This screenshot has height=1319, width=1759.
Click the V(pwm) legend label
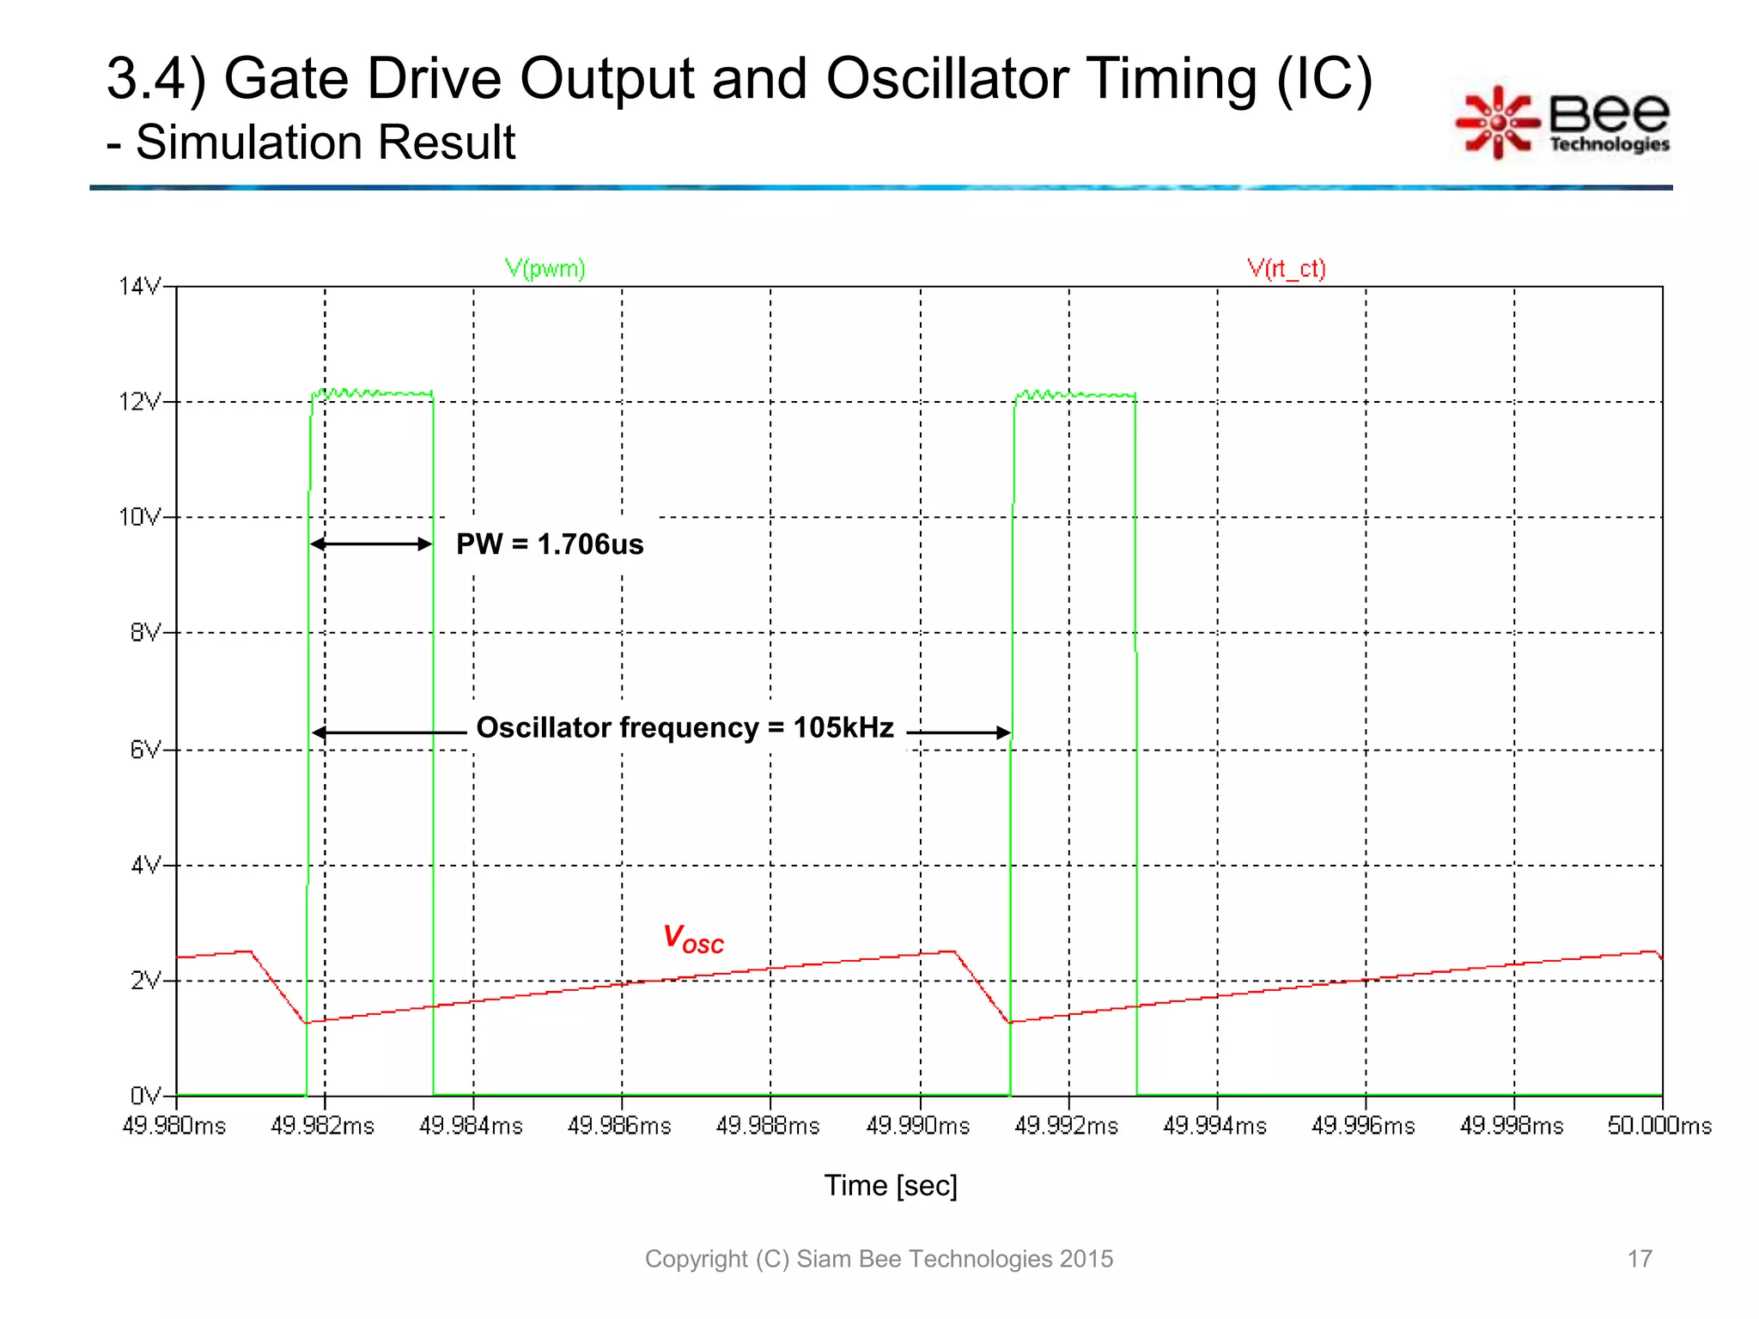click(x=545, y=269)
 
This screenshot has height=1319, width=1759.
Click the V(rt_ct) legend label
click(x=1286, y=269)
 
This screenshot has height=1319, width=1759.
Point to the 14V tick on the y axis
click(x=140, y=286)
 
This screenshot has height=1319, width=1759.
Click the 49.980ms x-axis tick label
click(x=174, y=1125)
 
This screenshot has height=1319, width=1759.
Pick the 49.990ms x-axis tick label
click(x=917, y=1125)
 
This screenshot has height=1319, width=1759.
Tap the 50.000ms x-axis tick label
click(x=1659, y=1125)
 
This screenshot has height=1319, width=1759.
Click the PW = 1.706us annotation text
click(x=550, y=544)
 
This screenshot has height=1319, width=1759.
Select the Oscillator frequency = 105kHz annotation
click(x=685, y=728)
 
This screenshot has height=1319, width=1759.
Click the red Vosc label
click(x=692, y=939)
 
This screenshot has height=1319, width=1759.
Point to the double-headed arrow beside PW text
click(x=371, y=544)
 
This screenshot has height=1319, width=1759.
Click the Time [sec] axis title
click(x=891, y=1185)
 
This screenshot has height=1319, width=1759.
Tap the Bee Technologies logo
click(x=1563, y=122)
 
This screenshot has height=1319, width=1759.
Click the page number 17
click(x=1639, y=1259)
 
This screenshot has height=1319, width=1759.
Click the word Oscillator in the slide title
click(x=947, y=79)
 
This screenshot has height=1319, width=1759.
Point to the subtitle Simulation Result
click(x=325, y=142)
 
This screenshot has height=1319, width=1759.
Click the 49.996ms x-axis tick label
click(x=1363, y=1125)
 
